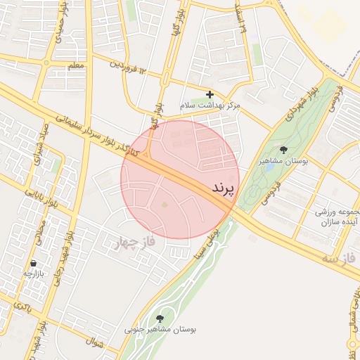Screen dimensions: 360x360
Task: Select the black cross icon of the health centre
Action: tap(210, 94)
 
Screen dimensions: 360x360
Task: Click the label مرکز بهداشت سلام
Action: tap(210, 105)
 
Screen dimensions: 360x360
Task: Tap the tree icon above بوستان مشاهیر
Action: tap(283, 150)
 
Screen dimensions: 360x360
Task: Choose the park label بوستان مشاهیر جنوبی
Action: tap(161, 328)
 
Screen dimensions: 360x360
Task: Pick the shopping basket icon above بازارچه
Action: tap(33, 263)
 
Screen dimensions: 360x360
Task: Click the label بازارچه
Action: tap(33, 274)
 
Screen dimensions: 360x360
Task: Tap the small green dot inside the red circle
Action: tap(165, 205)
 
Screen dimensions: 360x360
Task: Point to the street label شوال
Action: tap(96, 344)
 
